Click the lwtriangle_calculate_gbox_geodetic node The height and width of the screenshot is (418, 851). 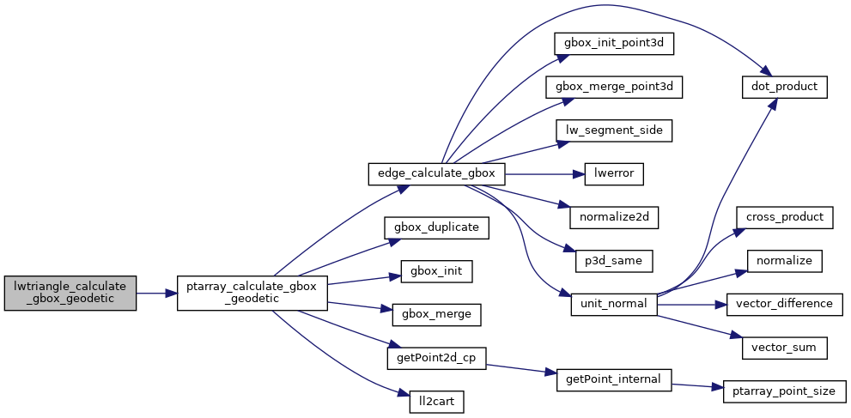[x=70, y=293]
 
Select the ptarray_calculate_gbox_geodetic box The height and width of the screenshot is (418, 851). [x=251, y=293]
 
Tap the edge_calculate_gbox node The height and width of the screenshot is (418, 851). [x=436, y=173]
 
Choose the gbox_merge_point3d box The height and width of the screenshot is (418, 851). [x=613, y=87]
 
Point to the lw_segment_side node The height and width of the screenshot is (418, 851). [x=613, y=130]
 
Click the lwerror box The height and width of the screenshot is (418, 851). [x=613, y=173]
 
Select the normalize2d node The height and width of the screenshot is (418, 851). [x=613, y=217]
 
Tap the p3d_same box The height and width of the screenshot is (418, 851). [x=613, y=260]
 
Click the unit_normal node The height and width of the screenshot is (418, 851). [x=613, y=304]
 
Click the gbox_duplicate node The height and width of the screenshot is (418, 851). [x=436, y=227]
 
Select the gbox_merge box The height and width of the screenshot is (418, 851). [x=436, y=314]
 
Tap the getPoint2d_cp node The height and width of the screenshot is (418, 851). [x=436, y=358]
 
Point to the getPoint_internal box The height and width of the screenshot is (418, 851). [x=613, y=379]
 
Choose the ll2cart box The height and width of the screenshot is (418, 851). [x=436, y=401]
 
